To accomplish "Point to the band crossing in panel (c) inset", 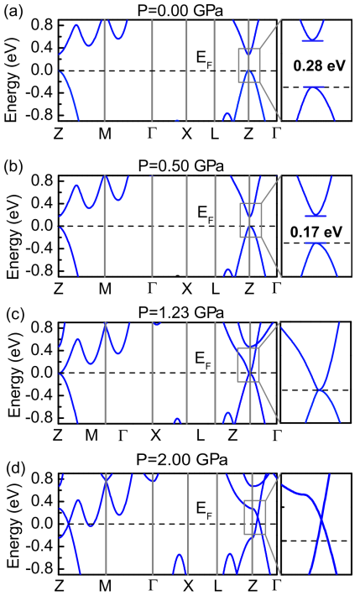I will pos(321,389).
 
